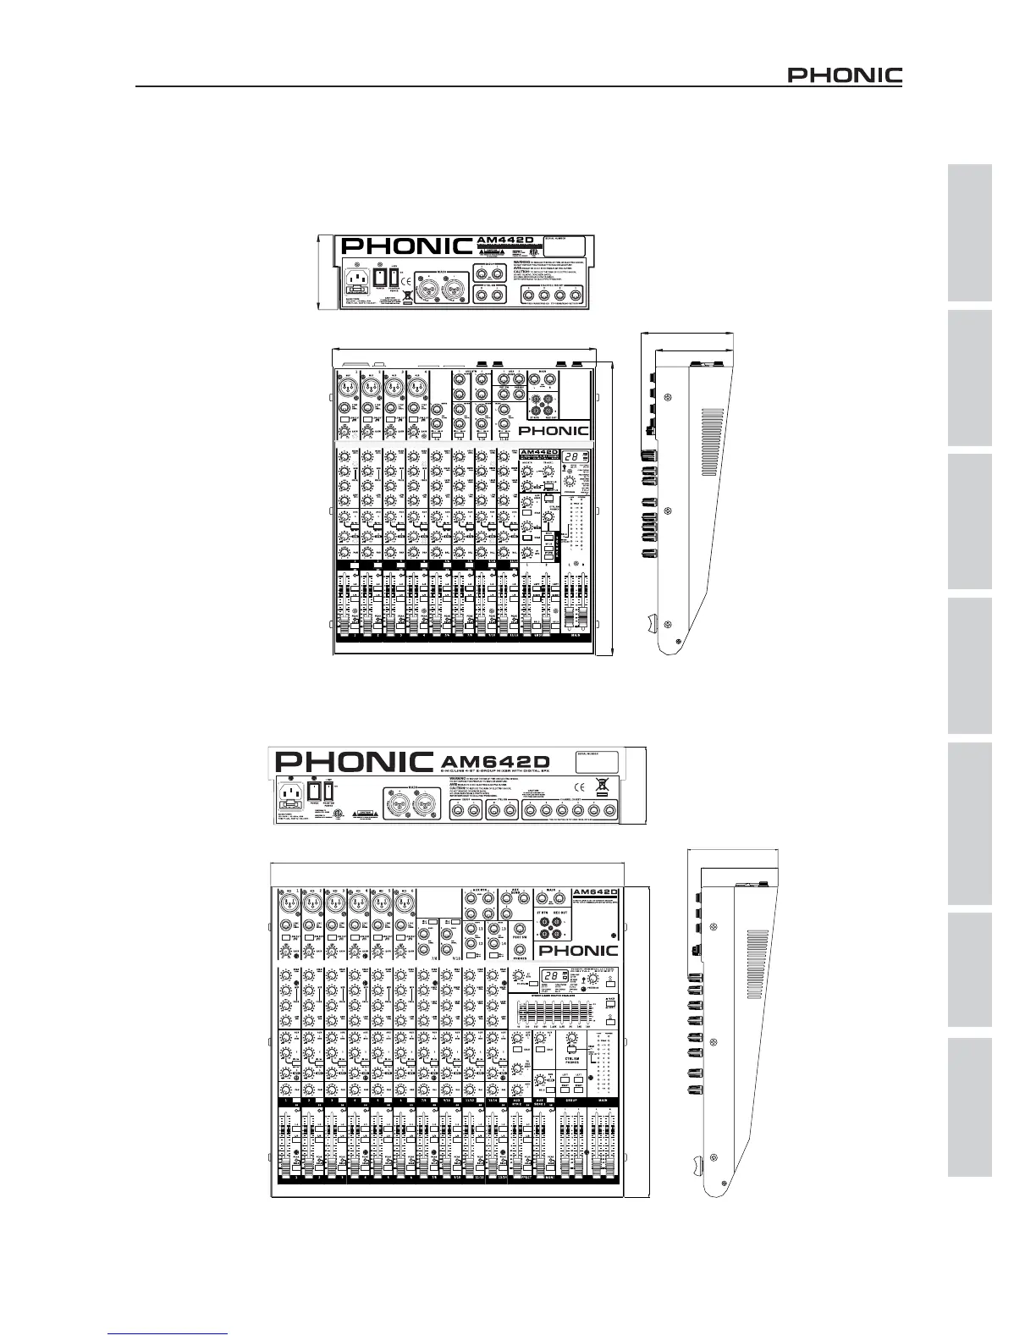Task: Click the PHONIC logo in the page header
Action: coord(845,75)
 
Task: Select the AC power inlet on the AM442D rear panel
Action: coord(356,280)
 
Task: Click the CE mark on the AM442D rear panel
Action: coord(405,282)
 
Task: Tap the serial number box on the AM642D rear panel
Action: coord(597,762)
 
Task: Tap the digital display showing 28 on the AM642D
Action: coord(553,974)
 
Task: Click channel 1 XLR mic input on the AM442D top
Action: coord(347,388)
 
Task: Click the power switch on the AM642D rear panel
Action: coord(314,791)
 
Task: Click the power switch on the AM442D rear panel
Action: coord(380,277)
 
